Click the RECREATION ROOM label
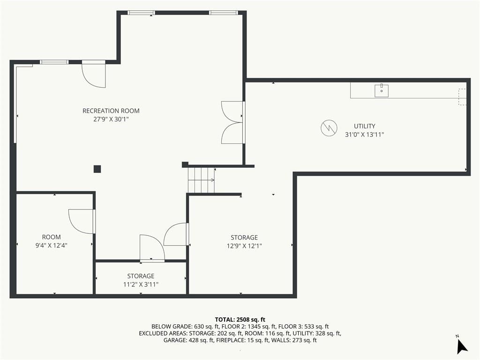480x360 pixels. click(111, 111)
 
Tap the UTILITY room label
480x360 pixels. click(364, 126)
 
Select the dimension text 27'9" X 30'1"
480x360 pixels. click(111, 120)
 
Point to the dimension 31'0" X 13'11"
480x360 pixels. click(364, 135)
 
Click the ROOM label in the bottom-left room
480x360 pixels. click(51, 237)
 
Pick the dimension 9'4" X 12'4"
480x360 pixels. click(51, 245)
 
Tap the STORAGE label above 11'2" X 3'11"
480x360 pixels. click(141, 276)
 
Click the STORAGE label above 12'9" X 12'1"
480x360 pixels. click(244, 238)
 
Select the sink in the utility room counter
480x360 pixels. click(382, 90)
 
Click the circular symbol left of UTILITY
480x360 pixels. click(329, 128)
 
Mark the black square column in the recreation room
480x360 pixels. click(97, 169)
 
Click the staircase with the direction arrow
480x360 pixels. click(201, 180)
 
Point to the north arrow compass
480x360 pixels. click(462, 346)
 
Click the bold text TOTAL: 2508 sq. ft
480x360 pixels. click(240, 320)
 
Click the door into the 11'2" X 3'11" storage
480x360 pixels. click(152, 248)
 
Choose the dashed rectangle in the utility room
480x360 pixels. click(462, 97)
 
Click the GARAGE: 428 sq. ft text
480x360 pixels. click(188, 340)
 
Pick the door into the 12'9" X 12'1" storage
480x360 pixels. click(176, 234)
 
